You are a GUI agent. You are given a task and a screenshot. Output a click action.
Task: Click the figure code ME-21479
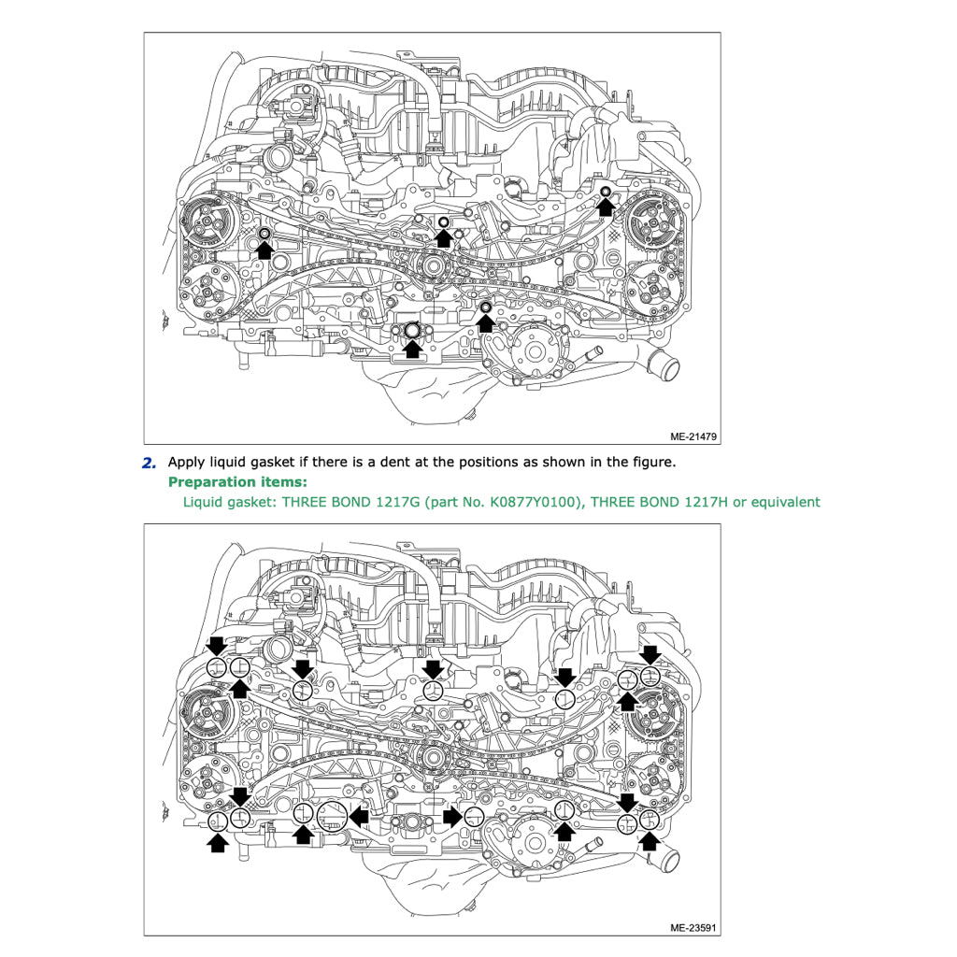pos(693,436)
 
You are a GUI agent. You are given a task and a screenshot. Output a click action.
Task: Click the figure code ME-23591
pos(693,928)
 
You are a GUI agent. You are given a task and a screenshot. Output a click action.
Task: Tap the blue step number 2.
pos(149,463)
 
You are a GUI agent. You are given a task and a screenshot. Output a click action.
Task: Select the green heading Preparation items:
pos(237,482)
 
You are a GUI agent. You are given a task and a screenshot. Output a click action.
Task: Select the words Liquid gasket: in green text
pos(229,502)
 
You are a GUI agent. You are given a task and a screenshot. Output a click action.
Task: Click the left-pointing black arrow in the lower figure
pos(359,817)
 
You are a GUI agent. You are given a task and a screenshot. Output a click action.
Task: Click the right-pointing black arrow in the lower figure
pos(451,817)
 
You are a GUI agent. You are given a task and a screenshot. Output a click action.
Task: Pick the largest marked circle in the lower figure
pos(332,816)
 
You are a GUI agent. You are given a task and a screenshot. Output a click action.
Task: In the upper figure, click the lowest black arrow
pos(411,350)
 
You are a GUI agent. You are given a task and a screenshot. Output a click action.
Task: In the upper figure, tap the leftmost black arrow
pos(264,249)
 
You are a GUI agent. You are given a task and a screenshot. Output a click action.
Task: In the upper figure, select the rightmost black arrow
pos(606,207)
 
